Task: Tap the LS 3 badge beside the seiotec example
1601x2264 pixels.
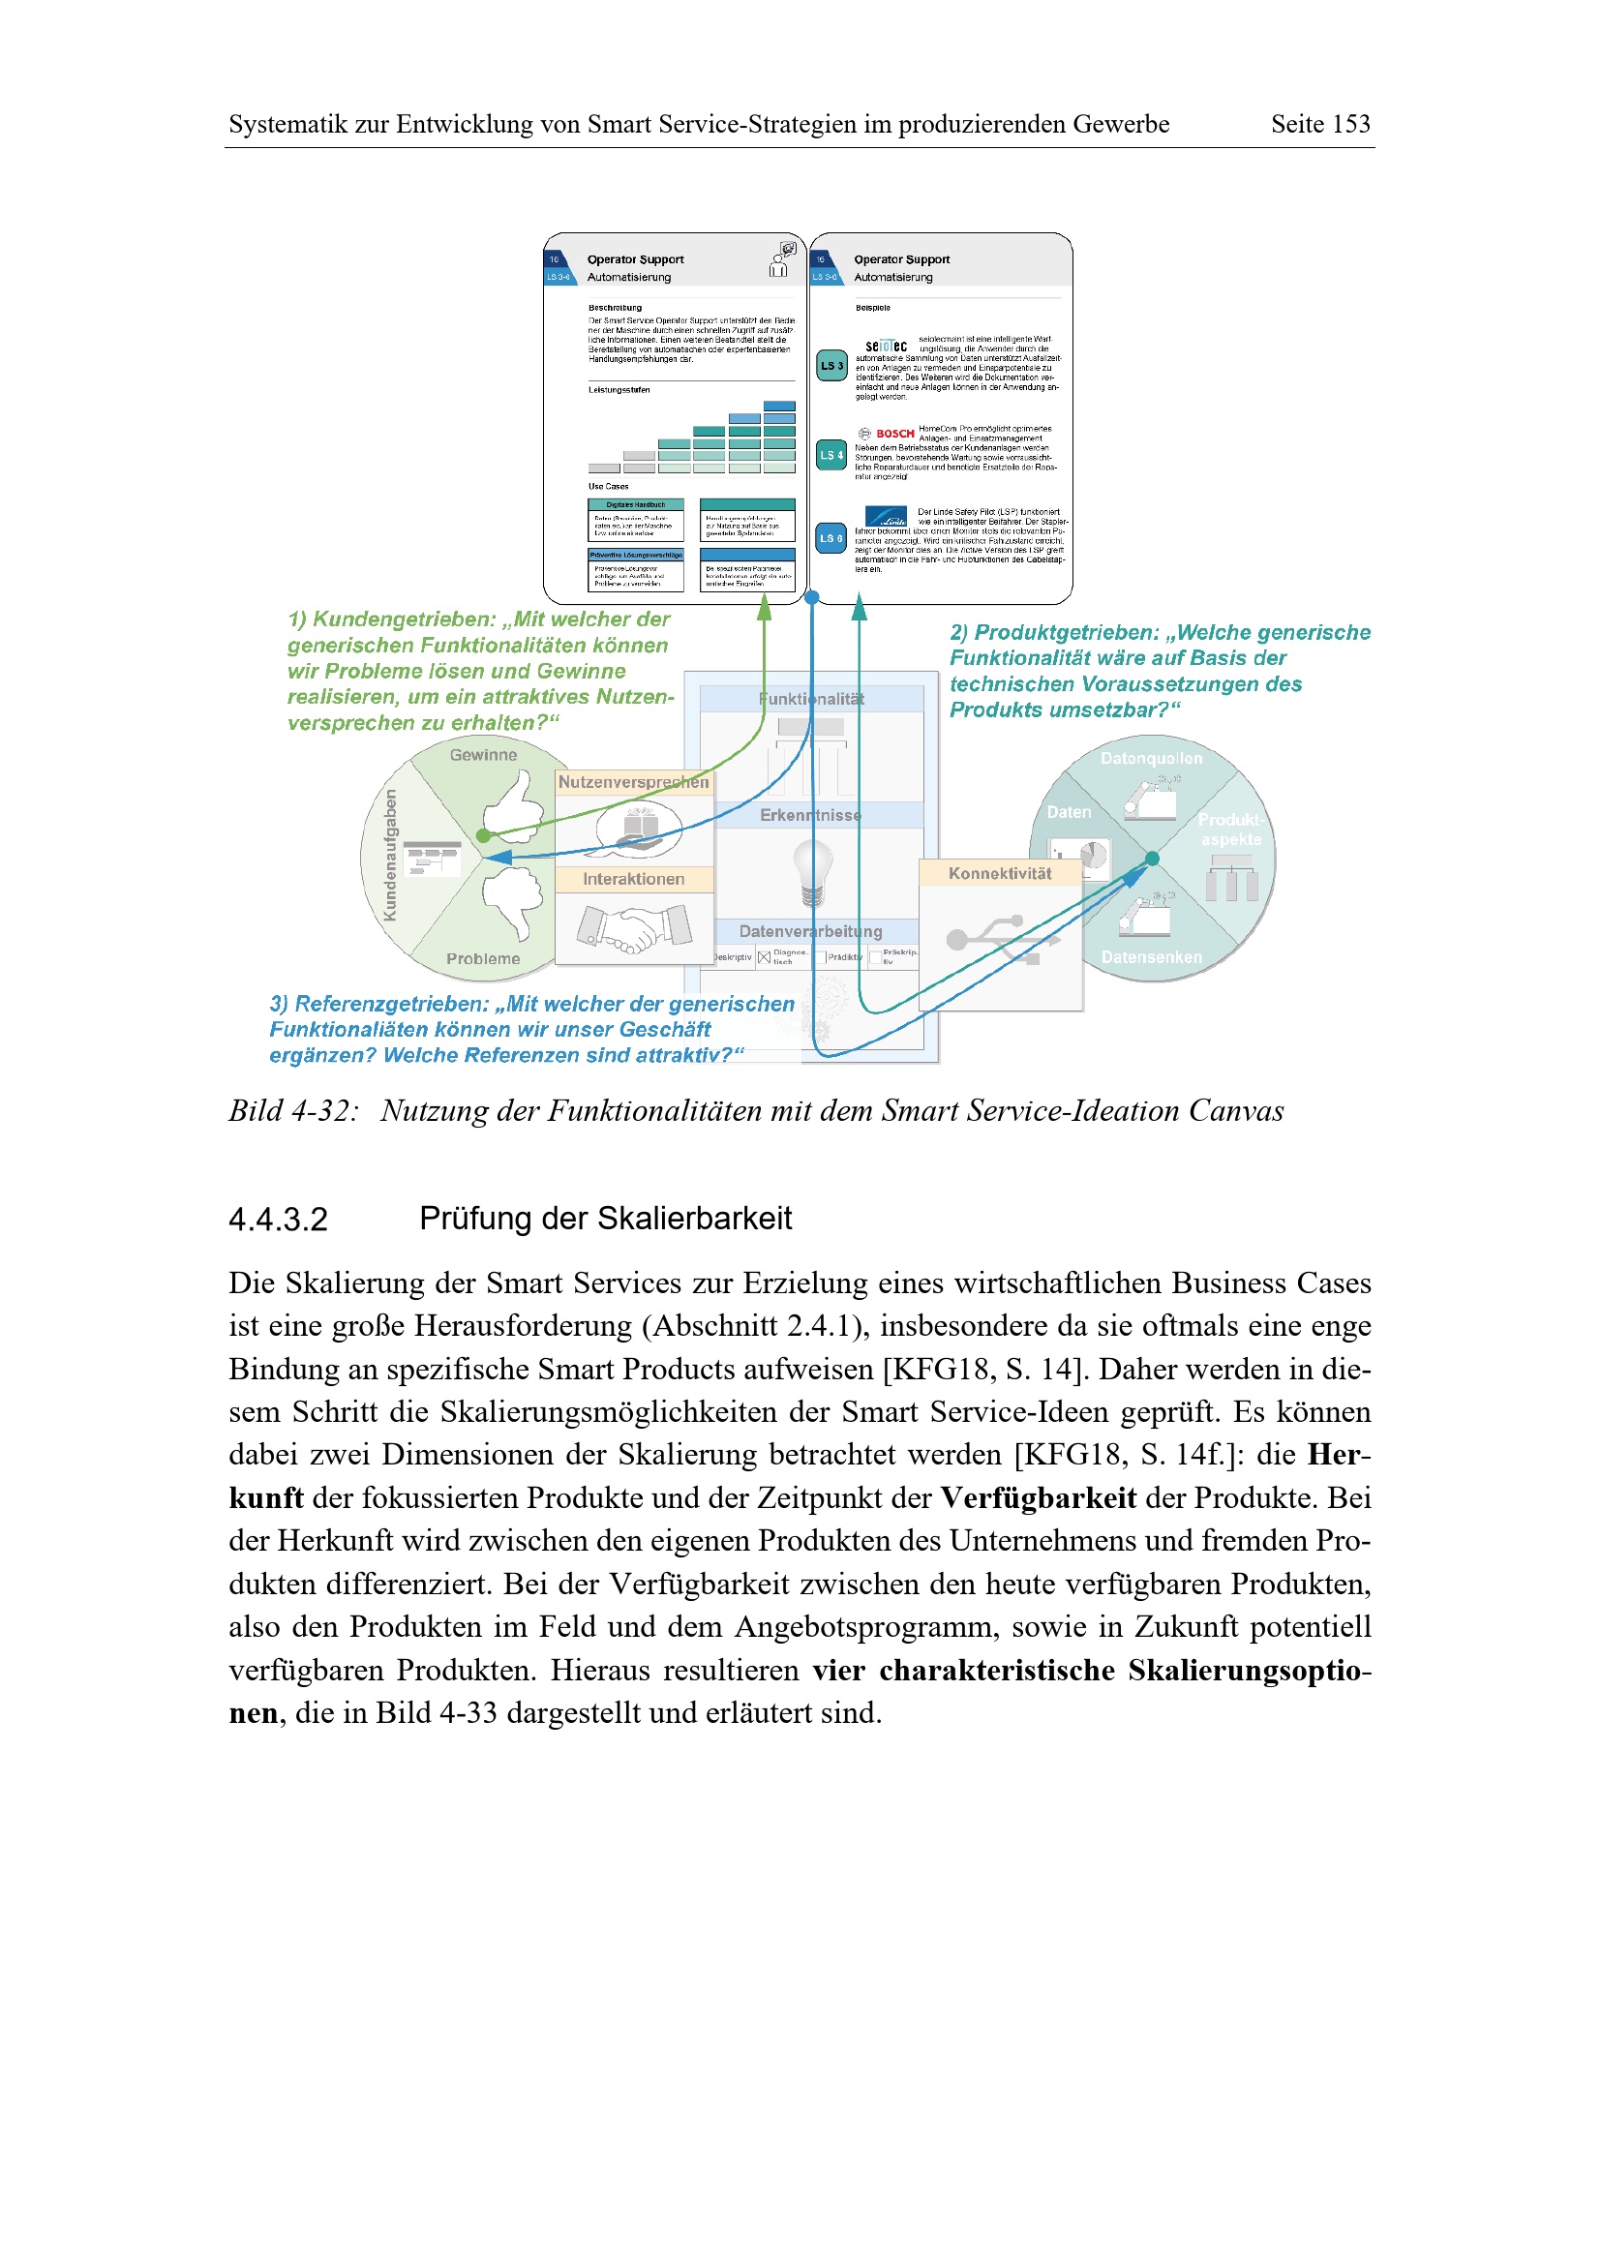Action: [x=831, y=366]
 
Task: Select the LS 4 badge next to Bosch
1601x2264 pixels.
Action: [x=831, y=455]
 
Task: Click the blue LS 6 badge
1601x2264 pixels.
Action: [x=831, y=538]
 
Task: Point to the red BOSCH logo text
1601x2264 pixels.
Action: [x=894, y=434]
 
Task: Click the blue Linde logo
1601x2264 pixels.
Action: [x=886, y=517]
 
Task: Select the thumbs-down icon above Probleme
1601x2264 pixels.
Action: [x=514, y=900]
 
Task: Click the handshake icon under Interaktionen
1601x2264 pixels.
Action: [x=633, y=928]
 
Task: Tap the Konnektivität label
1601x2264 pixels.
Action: [x=999, y=874]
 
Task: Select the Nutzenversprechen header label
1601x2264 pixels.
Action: [x=633, y=782]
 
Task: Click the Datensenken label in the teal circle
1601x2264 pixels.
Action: [x=1152, y=957]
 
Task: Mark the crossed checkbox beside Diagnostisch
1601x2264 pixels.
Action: [x=764, y=957]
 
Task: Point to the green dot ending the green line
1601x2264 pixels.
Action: [x=483, y=836]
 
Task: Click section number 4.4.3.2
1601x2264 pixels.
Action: [x=278, y=1220]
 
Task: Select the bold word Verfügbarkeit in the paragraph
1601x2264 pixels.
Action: [x=1038, y=1497]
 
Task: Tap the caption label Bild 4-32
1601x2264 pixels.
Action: [x=292, y=1111]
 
